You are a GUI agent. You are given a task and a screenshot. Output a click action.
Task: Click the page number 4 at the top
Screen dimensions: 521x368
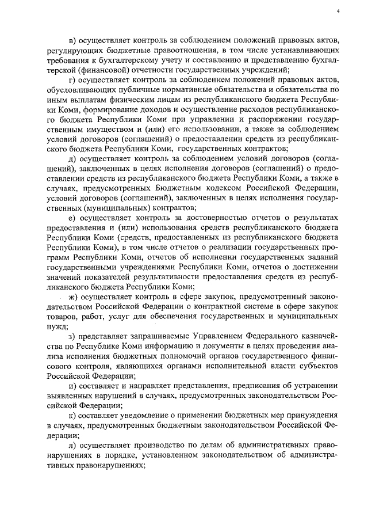[x=339, y=10]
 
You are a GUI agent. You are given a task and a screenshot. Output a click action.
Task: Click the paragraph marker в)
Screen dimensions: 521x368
[x=72, y=41]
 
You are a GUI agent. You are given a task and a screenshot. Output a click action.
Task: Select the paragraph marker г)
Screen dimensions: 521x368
[x=71, y=79]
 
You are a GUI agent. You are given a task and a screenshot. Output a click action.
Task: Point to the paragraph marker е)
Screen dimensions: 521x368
[x=71, y=218]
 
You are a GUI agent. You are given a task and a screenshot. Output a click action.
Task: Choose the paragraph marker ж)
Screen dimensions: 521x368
[x=72, y=297]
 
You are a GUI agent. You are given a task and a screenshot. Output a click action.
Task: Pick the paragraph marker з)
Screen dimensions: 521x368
[x=71, y=336]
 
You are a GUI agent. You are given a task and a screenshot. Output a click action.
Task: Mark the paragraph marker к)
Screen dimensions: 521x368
[x=71, y=415]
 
